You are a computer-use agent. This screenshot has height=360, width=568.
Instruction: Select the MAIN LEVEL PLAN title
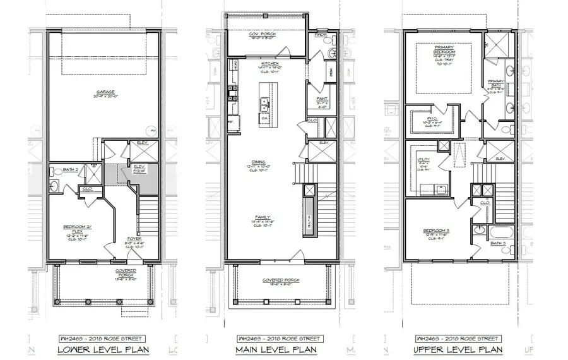[x=276, y=349]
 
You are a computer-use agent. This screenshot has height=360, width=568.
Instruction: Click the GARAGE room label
[x=105, y=92]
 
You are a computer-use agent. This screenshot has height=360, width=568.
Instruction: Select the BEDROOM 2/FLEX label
[x=78, y=229]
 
